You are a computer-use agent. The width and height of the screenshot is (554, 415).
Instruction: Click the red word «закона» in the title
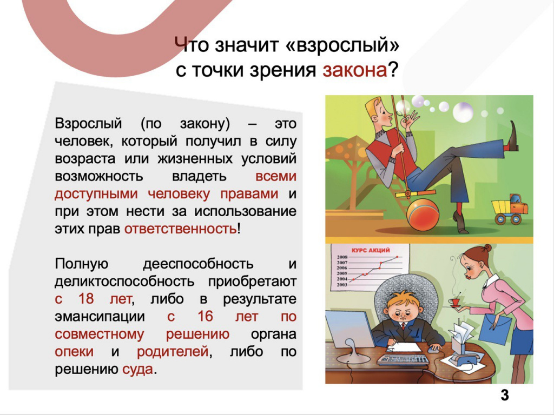[355, 70]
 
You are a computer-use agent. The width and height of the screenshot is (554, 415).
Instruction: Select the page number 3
[505, 395]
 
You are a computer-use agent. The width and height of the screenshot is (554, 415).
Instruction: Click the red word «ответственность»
[181, 229]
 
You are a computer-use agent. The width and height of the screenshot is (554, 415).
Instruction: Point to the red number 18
[86, 299]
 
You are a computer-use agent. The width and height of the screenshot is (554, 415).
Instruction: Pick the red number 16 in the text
[205, 316]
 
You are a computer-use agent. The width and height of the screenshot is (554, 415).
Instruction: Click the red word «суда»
[138, 370]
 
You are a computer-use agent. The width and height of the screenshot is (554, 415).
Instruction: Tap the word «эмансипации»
[100, 317]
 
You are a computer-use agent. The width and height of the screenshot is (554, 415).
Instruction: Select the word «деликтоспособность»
[125, 282]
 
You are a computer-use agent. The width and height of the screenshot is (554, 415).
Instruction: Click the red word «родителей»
[173, 351]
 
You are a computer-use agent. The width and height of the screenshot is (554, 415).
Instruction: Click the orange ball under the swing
[423, 215]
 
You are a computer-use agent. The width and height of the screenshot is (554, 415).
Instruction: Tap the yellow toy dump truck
[509, 209]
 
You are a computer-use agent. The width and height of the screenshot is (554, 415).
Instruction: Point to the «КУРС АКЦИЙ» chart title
[370, 250]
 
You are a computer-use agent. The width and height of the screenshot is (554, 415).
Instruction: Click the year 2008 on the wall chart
[342, 257]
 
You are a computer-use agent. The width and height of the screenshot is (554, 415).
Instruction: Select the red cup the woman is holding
[454, 302]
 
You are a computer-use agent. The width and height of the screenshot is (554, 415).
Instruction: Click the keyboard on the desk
[403, 359]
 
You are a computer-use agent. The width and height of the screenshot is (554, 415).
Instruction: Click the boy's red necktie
[403, 325]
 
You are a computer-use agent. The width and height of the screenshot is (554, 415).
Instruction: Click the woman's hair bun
[488, 248]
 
